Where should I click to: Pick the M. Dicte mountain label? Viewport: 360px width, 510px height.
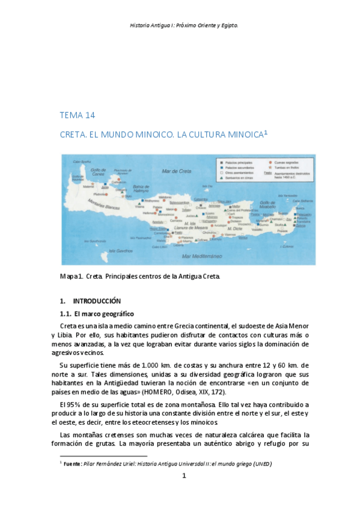(236, 229)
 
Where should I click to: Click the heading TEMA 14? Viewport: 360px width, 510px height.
(78, 115)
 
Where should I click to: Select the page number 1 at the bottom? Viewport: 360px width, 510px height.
(185, 476)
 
